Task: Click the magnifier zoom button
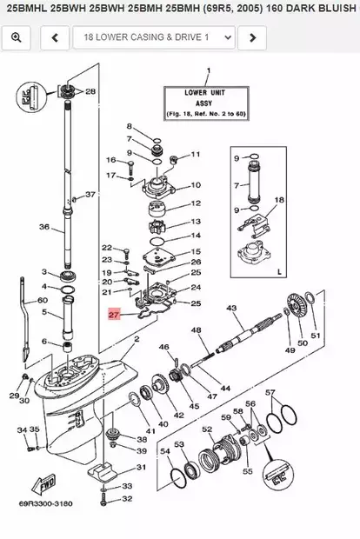17,37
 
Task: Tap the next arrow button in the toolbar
251,37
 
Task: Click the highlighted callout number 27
115,316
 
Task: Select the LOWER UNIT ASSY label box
207,101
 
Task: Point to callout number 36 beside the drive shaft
44,228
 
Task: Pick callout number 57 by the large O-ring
270,393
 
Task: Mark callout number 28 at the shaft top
90,90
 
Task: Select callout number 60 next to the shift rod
43,300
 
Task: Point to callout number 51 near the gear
316,336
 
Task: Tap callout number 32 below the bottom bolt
126,498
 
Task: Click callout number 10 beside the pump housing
195,184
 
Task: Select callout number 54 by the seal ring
165,451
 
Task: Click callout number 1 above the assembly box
207,70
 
